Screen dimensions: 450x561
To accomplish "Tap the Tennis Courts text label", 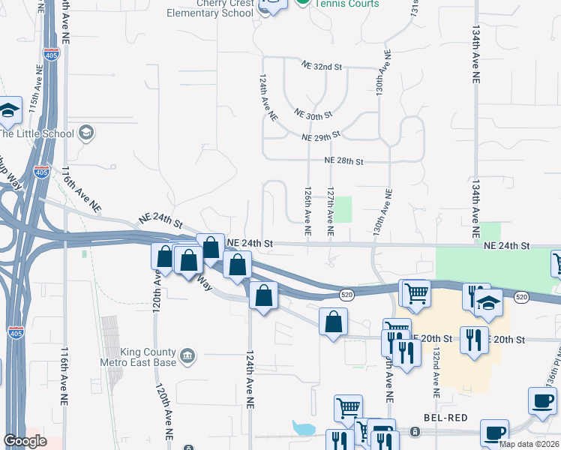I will tap(346, 4).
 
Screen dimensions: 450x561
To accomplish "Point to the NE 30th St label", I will tap(313, 115).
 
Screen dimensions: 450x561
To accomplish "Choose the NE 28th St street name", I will tap(343, 161).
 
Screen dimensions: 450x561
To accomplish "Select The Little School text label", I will tap(37, 134).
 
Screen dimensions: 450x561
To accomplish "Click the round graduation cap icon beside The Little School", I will tap(86, 133).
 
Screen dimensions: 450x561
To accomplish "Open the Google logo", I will tap(25, 441).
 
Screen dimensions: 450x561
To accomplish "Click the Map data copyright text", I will tap(529, 444).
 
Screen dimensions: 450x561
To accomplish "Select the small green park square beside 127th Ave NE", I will tap(343, 209).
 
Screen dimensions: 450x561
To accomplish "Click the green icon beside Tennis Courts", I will tap(301, 3).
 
